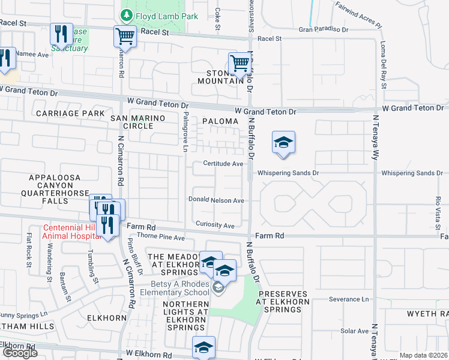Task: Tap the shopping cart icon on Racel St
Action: coord(125,36)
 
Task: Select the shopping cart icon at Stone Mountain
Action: coord(239,62)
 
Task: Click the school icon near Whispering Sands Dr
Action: coord(283,143)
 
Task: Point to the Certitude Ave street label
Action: coord(223,164)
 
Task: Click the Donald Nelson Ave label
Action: coord(216,200)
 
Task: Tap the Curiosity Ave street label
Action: coord(215,225)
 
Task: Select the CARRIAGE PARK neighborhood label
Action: coord(70,113)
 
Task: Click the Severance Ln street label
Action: coord(348,299)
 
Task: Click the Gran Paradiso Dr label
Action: coord(324,29)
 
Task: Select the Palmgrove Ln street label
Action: coord(186,131)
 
